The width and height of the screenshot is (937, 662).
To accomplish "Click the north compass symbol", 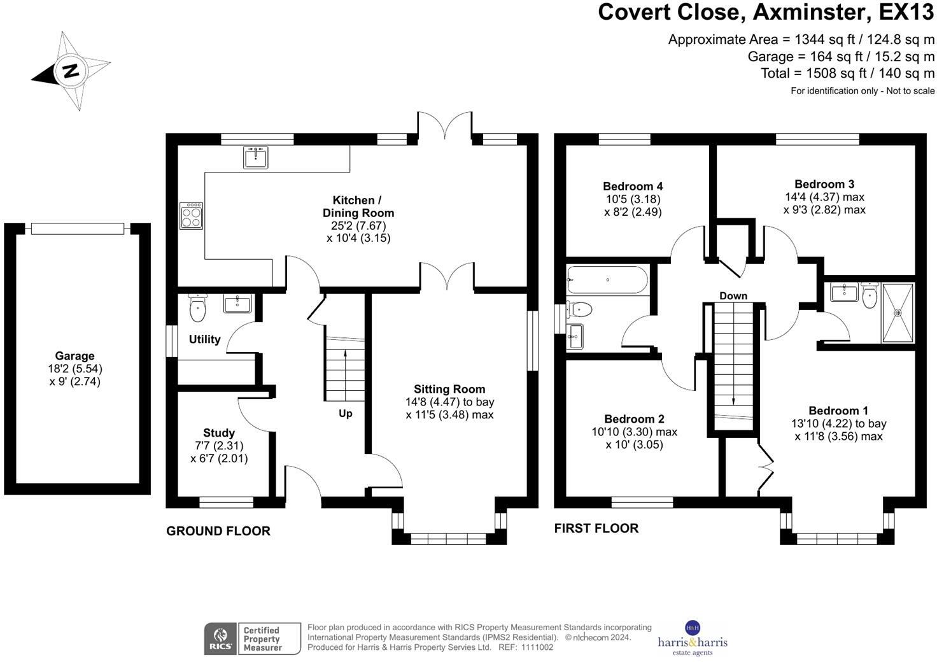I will coord(70,70).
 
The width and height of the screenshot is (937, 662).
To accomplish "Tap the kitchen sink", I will coord(255,157).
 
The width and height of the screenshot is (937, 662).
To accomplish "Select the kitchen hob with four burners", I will coord(191,215).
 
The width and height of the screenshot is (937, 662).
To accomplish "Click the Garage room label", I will coord(74,356).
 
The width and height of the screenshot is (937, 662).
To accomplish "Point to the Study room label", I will coord(218,433).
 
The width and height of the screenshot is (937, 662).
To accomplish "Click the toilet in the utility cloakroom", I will coord(198,309).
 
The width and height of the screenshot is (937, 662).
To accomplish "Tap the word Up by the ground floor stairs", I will coord(345,413).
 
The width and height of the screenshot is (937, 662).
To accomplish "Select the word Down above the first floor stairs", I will coord(733,296).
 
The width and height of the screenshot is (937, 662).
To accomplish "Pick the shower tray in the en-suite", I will coord(898,313).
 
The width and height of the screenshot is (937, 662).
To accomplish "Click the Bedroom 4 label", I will coord(633,187).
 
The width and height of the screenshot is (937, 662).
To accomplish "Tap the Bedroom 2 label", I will coord(634,419).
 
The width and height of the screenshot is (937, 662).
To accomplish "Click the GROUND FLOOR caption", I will coord(218,531).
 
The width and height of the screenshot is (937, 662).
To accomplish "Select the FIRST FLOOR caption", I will coord(596,528).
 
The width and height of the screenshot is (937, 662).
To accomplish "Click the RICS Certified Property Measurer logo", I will coord(252,638).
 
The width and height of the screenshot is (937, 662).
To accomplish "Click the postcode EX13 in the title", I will coord(906,12).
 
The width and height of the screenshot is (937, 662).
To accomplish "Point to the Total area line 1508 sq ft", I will coord(847,73).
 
